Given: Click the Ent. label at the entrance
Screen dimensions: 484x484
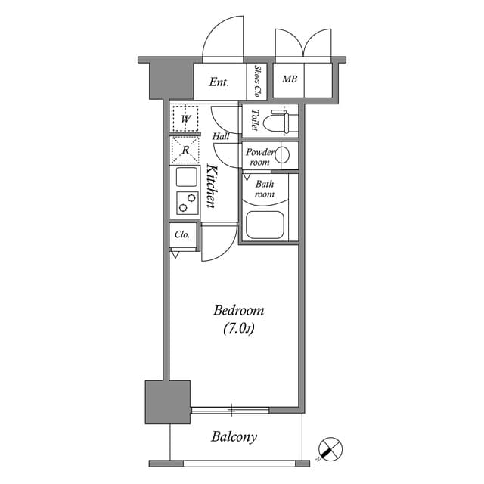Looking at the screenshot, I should coord(219,82).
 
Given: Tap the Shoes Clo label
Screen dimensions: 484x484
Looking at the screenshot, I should coord(258,81).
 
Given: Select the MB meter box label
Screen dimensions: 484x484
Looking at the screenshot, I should coord(289,79).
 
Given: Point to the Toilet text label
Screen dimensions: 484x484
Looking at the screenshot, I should coord(255,121).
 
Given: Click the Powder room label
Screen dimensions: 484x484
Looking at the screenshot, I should coord(259,157).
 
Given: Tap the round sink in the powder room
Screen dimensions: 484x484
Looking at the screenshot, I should coord(282,156).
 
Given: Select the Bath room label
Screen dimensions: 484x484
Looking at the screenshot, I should coord(264,188).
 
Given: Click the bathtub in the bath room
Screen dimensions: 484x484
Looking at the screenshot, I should coord(265,224).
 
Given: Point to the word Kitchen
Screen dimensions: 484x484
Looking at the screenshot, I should coord(212,187).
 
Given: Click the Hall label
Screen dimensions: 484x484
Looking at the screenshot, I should coord(221,137).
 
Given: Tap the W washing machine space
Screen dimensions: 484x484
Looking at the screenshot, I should coord(185,118).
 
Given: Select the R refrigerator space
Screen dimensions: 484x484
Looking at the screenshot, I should coord(185,150).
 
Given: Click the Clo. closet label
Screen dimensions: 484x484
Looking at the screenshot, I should coord(182,235).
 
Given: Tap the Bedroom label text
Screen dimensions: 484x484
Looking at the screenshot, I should coord(238,311).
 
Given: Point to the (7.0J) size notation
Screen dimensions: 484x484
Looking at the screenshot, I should coord(238,328).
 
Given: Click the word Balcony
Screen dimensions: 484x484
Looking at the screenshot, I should coord(234,437).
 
